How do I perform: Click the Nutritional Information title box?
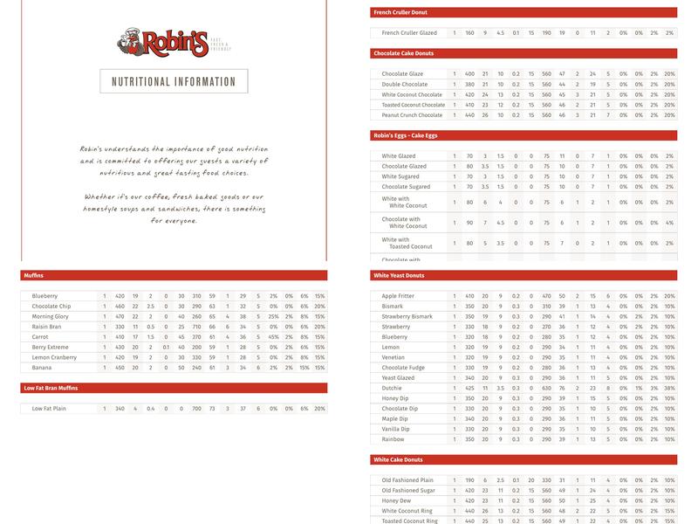coord(174,81)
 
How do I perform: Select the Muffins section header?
coord(38,275)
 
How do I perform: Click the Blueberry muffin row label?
coord(45,295)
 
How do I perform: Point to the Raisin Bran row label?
coord(47,326)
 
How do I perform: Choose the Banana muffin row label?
coord(42,367)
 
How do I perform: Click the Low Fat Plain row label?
coord(50,408)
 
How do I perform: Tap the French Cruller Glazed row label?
coord(409,32)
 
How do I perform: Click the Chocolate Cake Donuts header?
coord(404,53)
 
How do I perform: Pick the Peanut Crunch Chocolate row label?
coord(412,114)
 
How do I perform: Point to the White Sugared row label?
coord(401,176)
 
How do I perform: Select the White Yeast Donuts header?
coord(400,275)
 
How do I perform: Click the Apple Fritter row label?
coord(399,296)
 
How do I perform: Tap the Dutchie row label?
coord(393,388)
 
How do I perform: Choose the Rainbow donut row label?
coord(393,439)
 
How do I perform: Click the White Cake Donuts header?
coord(398,459)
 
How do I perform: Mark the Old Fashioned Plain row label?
coord(407,479)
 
